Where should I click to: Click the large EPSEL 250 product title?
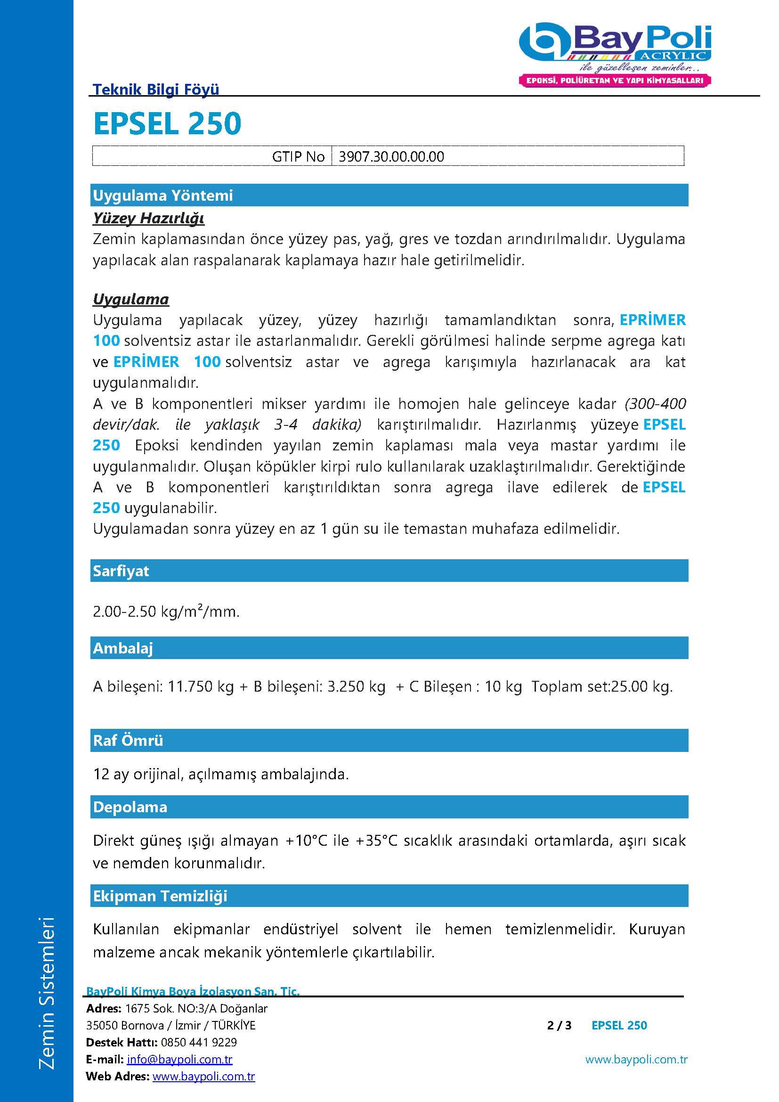[167, 123]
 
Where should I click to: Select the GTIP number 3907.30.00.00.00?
[391, 156]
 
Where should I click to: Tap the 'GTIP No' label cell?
[298, 156]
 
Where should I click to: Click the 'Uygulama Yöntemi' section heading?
[163, 196]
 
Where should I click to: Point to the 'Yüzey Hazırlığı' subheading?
[149, 219]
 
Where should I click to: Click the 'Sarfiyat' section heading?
[121, 571]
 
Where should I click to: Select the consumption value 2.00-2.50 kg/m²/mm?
[166, 612]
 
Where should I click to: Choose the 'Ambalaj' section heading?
[123, 648]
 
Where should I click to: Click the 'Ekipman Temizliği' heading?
[160, 896]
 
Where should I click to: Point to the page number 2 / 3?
[560, 1026]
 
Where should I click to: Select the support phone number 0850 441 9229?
[199, 1043]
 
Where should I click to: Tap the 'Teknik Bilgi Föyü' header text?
[156, 89]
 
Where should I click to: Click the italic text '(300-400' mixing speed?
[655, 404]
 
